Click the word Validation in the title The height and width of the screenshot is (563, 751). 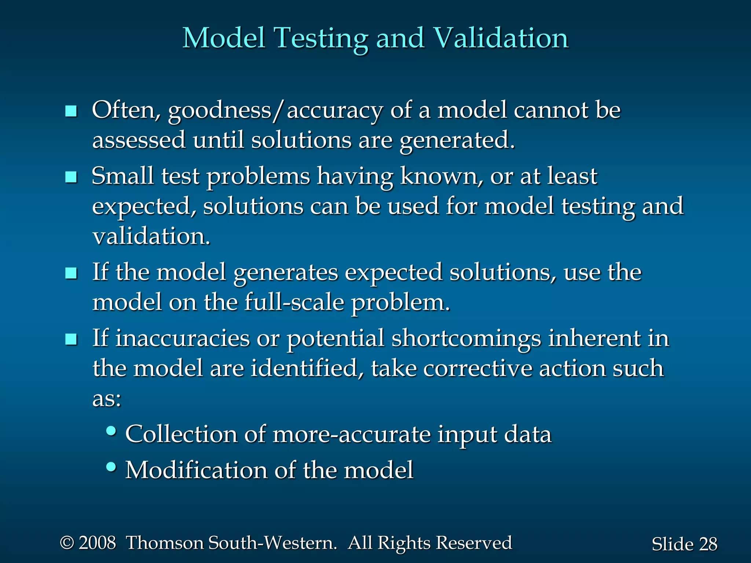[x=501, y=38]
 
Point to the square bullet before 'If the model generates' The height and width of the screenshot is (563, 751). [x=71, y=273]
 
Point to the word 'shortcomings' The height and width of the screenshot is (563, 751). [x=466, y=339]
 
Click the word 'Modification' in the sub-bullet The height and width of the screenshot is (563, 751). [x=196, y=470]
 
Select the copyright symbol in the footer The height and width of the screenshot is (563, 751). [x=67, y=543]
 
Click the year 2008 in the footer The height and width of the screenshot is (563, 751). [x=97, y=543]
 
